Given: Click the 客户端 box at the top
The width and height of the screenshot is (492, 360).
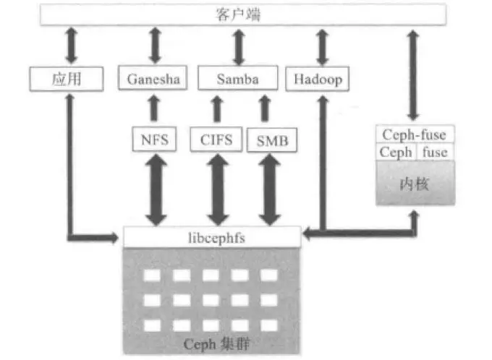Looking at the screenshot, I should (x=247, y=14).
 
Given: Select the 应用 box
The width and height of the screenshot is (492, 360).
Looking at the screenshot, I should (x=66, y=78).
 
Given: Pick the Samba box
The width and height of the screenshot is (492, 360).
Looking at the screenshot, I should (x=238, y=78).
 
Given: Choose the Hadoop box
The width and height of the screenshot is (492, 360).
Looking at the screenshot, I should (x=318, y=78).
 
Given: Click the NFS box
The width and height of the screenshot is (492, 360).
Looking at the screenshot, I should (x=153, y=139).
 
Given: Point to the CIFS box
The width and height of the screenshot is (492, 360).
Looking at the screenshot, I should (x=216, y=139).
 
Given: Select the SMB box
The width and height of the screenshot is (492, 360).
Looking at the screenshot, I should (x=271, y=140).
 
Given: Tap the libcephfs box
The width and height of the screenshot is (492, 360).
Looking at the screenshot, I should (x=211, y=236).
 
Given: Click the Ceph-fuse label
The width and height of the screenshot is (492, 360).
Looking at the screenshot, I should (x=413, y=134).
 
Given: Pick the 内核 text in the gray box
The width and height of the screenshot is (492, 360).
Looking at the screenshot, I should (x=414, y=184).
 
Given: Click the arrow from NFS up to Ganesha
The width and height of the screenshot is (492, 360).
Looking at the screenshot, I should (x=153, y=109).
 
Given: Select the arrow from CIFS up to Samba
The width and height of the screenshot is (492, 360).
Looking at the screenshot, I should (x=216, y=109).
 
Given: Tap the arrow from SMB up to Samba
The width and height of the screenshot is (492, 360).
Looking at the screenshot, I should (x=265, y=109).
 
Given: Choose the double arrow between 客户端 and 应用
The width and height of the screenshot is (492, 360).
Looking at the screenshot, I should (x=70, y=46).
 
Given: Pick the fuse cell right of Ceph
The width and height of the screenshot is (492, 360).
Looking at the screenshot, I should (x=435, y=152).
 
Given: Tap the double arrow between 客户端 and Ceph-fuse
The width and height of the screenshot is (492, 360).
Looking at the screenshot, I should (x=413, y=74).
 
